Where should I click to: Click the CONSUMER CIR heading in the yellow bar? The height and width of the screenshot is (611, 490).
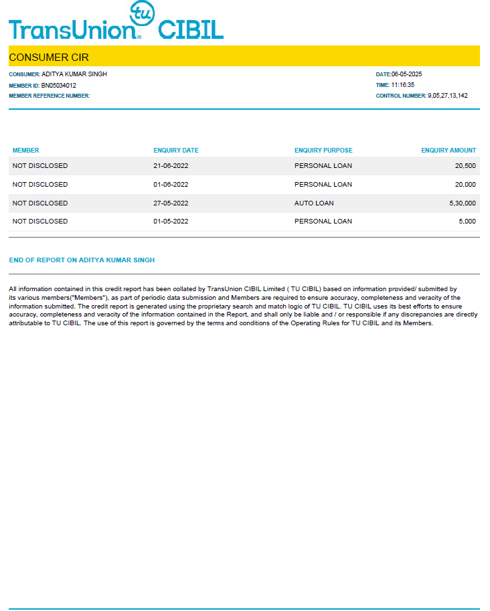pos(49,58)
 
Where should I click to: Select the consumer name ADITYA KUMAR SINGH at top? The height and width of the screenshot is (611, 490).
pos(74,74)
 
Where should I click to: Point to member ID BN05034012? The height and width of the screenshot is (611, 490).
pos(59,86)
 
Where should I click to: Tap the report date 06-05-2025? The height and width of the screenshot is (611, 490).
pos(406,74)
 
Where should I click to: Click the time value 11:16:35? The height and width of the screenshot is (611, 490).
pos(403,85)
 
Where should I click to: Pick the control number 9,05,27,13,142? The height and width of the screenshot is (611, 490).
pos(448,96)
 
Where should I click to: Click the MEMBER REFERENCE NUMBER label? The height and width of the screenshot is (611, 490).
pos(49,96)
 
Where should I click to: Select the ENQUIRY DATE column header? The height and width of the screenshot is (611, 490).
pos(176,151)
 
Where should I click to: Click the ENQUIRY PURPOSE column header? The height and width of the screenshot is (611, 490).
pos(323,151)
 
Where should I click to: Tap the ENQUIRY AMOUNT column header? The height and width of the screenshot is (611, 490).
pos(448,151)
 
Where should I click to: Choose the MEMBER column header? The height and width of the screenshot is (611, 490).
pos(26,151)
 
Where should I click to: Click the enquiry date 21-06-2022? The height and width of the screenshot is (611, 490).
pos(171,166)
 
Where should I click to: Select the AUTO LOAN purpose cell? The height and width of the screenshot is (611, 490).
pos(314,203)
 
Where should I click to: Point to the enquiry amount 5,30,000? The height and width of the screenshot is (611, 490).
pos(463,203)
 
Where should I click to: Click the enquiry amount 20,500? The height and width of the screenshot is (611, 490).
pos(465,166)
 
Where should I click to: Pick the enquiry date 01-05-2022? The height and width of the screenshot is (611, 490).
pos(171,222)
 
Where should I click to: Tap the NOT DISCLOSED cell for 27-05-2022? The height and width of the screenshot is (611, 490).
pos(40,203)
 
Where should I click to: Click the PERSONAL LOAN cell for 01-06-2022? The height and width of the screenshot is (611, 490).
pos(323,185)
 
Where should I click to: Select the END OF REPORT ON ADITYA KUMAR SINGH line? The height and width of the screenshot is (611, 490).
pos(82,260)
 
